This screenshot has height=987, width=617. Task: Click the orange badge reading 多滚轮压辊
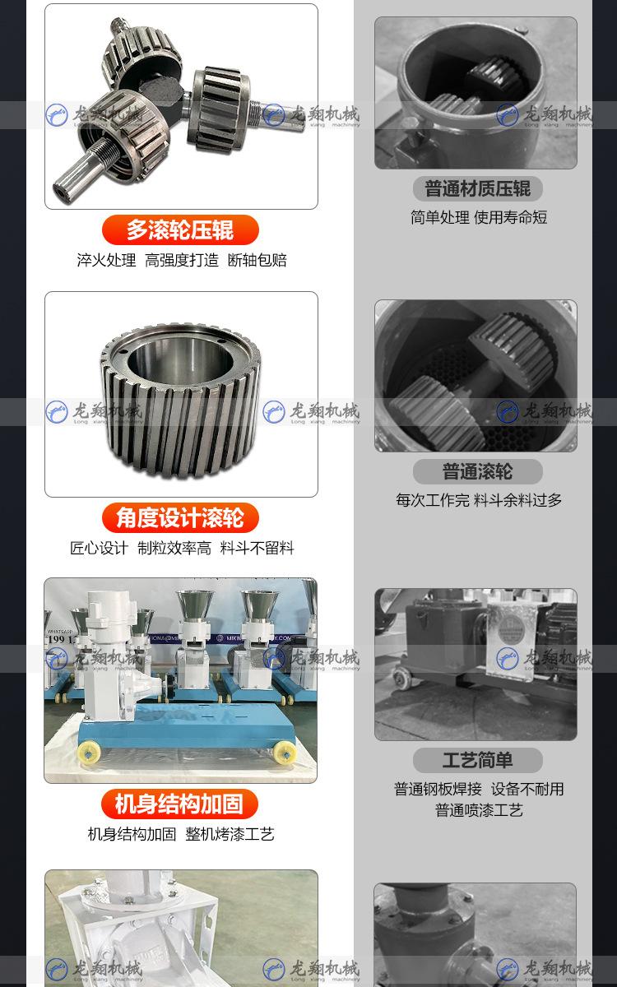[x=180, y=229]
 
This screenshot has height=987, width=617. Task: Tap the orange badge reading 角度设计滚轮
[x=180, y=517]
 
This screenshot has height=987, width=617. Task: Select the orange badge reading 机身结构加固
[x=180, y=804]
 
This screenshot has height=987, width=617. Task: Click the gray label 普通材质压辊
[x=477, y=188]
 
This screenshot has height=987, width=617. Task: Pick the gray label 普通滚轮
[x=477, y=471]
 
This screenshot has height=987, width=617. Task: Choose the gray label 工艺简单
[x=477, y=760]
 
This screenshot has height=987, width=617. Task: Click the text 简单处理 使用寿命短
[x=478, y=218]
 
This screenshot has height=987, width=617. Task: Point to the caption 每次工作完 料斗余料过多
[x=478, y=500]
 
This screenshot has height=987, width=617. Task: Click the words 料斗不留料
[x=257, y=548]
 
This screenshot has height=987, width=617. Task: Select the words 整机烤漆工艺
[x=230, y=834]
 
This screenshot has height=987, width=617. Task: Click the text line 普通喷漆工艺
[x=479, y=810]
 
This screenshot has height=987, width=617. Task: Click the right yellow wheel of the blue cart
[x=285, y=751]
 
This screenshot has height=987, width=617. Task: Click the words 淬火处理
[x=106, y=261]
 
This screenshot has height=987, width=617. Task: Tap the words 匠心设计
[x=99, y=548]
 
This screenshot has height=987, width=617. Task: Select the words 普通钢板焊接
[x=438, y=789]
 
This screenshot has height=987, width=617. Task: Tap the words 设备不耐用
[x=527, y=789]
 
